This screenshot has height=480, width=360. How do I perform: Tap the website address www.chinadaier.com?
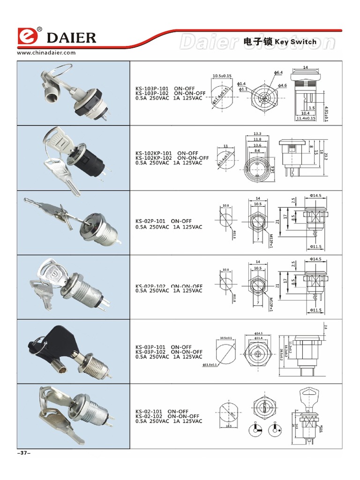point(46,53)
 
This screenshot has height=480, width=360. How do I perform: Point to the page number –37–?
point(23,453)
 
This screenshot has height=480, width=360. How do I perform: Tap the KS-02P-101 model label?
point(150,221)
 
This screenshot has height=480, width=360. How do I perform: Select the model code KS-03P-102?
point(151,352)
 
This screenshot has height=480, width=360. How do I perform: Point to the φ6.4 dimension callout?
point(278,73)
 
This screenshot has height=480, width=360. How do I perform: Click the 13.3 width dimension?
point(257,133)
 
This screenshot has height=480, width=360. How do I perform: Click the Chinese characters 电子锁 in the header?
point(258,42)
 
